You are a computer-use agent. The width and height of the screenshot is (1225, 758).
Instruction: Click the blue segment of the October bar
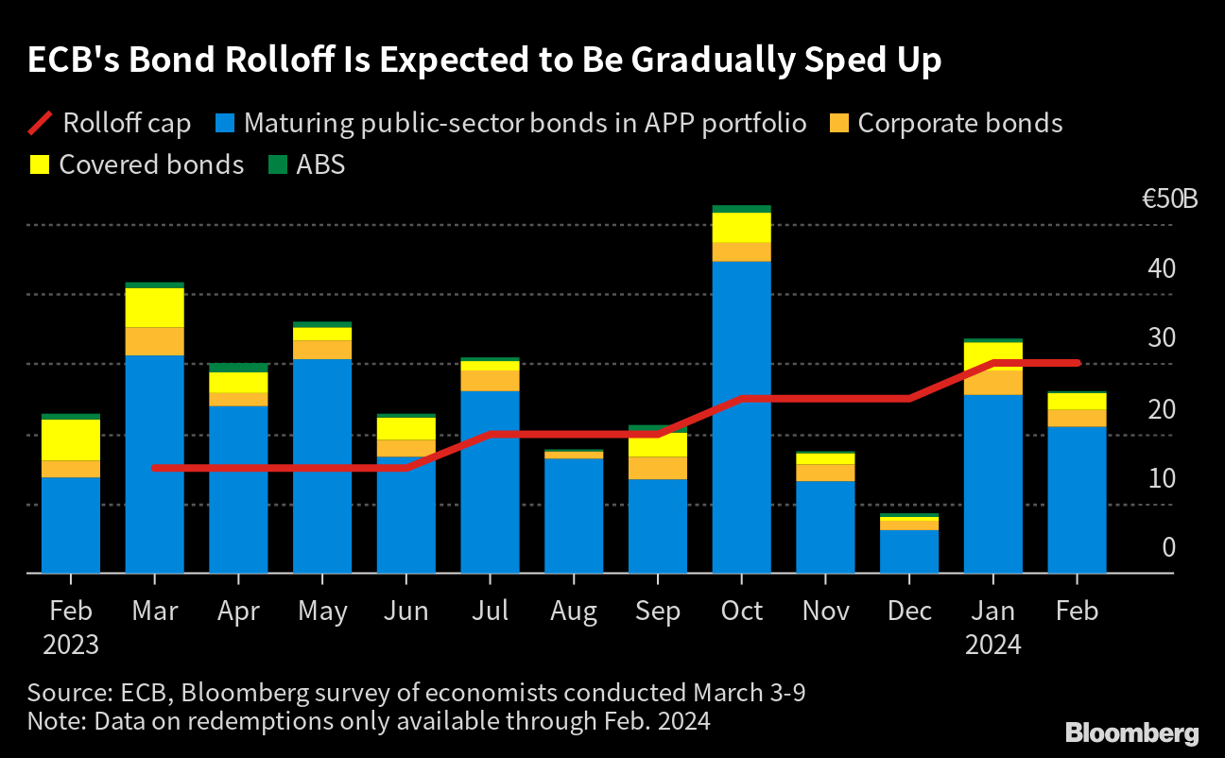coord(741,416)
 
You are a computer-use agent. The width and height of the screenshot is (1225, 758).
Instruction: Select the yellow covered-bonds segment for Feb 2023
coord(71,439)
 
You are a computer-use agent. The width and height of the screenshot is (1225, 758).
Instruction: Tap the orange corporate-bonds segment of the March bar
coord(154,341)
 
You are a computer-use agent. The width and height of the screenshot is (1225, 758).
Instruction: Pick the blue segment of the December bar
coord(908,551)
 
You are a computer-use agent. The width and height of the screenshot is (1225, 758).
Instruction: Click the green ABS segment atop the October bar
coord(741,209)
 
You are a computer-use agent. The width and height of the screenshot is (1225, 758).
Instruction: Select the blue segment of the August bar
coord(574,515)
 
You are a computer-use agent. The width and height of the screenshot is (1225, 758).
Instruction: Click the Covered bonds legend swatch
coord(40,165)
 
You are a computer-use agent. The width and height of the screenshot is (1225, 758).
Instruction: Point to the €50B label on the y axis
coord(1168,200)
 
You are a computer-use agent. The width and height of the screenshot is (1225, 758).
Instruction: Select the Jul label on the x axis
coord(490,612)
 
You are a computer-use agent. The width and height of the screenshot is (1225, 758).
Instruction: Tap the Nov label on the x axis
coord(825,612)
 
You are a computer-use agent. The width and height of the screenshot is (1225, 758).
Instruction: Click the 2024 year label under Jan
coord(992,646)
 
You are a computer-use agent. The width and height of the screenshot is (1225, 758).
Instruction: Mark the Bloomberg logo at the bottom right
coord(1131,732)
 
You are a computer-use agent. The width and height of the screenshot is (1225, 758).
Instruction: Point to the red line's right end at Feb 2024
coord(1077,363)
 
